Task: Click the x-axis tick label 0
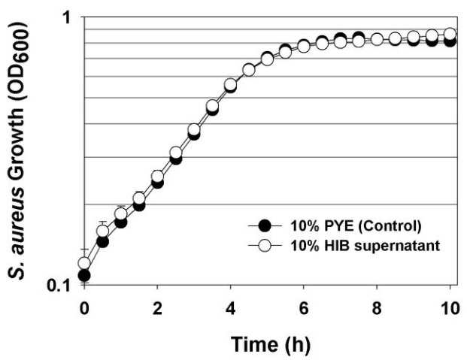84,308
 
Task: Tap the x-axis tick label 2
157,308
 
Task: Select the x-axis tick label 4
230,308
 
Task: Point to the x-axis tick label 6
304,308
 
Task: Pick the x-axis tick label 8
377,308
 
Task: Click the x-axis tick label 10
450,308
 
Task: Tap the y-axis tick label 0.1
59,286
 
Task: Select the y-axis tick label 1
66,18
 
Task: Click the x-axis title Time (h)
271,344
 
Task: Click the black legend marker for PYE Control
265,226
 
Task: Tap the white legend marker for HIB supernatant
265,246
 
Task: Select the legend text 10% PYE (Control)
356,226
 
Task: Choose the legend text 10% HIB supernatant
365,246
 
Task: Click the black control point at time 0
84,275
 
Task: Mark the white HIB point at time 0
84,263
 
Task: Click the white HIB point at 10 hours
450,34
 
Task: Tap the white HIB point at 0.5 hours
103,231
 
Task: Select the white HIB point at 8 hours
377,39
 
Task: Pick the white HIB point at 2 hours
157,177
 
